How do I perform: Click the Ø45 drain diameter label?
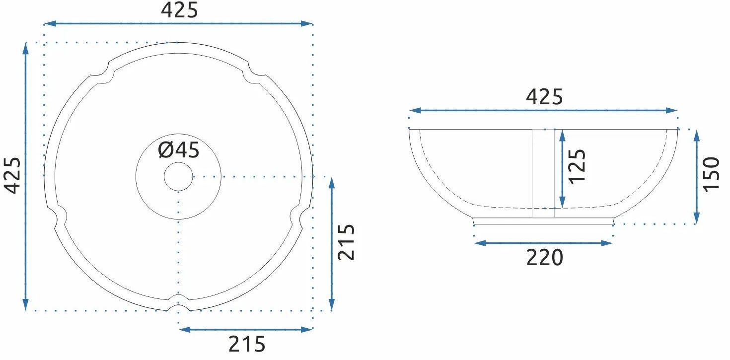tap(179, 150)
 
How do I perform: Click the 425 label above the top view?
tap(179, 10)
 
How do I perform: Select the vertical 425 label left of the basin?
tap(12, 176)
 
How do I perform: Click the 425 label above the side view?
tap(544, 97)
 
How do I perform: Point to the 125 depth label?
tap(577, 166)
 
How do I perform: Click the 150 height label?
tap(711, 174)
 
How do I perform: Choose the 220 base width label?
tap(545, 257)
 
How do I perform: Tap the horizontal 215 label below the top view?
tap(247, 344)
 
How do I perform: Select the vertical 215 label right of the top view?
tap(346, 242)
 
